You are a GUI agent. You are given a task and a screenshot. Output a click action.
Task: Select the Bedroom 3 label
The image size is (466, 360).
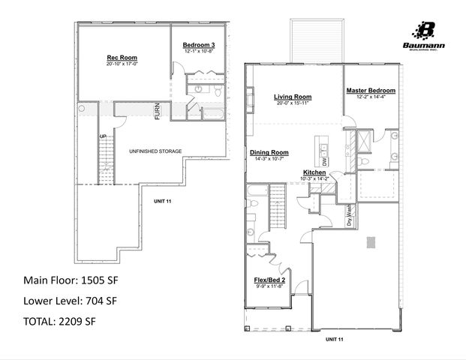tap(199, 46)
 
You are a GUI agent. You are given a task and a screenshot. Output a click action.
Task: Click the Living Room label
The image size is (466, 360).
tap(292, 96)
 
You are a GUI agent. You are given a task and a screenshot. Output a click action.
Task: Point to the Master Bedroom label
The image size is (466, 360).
tap(371, 91)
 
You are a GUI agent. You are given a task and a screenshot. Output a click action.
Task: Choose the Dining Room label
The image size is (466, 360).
tap(269, 152)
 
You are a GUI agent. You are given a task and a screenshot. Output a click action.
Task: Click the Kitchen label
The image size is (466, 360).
tap(314, 172)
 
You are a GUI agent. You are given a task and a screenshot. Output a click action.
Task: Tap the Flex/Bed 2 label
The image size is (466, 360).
tap(269, 280)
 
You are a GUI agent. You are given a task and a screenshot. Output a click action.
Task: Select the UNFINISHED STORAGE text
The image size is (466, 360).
tap(155, 151)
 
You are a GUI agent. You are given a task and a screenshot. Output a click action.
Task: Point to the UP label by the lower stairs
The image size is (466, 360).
tap(103, 136)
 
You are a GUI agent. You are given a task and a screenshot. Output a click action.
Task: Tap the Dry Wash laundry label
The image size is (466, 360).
tap(349, 217)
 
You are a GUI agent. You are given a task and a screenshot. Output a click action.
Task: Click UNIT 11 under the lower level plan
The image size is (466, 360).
tap(164, 202)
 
